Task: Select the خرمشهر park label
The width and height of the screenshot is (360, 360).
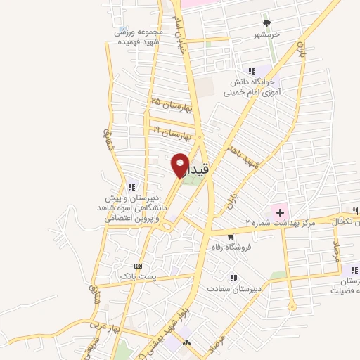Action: pos(267,34)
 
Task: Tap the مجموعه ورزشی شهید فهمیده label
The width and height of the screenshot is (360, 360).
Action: pos(139,37)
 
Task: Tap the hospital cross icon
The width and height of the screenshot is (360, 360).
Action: pos(280,210)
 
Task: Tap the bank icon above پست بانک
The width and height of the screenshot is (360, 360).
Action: pos(138,266)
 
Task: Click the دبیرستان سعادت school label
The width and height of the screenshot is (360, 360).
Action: pos(233,288)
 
